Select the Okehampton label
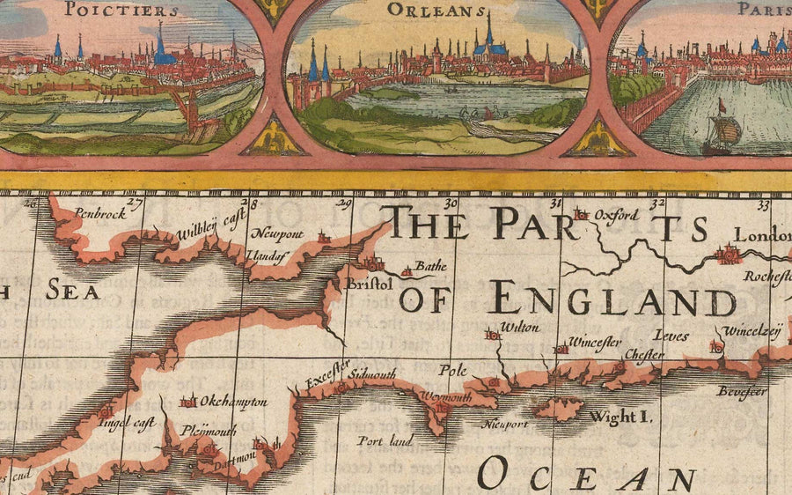point(233,402)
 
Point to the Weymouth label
point(447,397)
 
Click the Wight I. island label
point(620,416)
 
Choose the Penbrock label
point(95,212)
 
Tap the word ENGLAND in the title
point(613,299)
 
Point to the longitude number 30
point(451,204)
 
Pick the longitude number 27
point(134,204)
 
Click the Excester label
point(328,373)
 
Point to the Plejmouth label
point(208,431)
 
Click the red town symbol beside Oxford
point(580,214)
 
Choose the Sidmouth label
point(373,373)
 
